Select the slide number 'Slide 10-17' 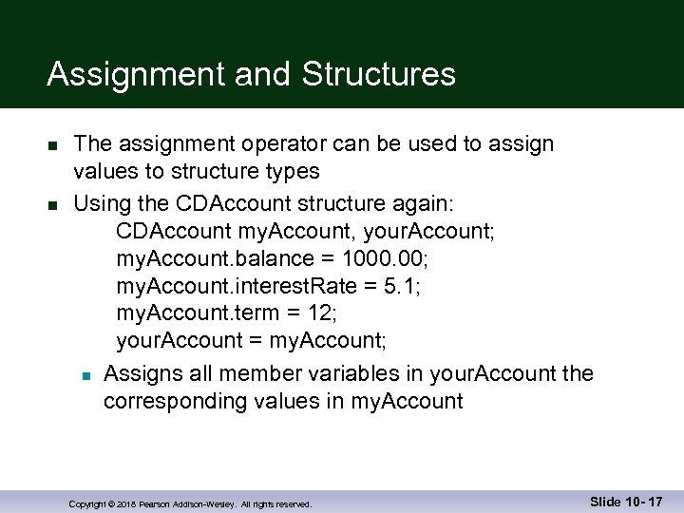626,501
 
